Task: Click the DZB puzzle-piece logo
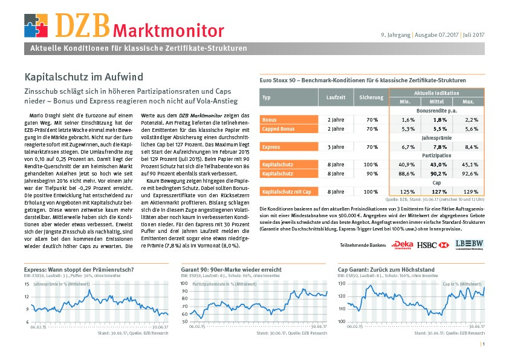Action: (36, 25)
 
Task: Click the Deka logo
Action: (402, 245)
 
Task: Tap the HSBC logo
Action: (433, 245)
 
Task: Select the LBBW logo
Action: (469, 244)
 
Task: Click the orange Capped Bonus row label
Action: (289, 129)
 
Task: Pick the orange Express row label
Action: (289, 147)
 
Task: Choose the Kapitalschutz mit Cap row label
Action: (289, 192)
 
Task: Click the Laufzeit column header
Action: (336, 97)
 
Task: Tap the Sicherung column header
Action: (371, 97)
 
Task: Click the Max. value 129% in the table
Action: (471, 192)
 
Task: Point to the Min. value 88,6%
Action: (407, 174)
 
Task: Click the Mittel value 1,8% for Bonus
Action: (440, 120)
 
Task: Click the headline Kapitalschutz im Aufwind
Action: (84, 77)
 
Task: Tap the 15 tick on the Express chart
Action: (27, 284)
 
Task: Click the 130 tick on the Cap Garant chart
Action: (342, 283)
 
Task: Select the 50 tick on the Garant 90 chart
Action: (185, 322)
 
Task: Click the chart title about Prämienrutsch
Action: (79, 270)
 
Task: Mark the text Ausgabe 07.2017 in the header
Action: (436, 34)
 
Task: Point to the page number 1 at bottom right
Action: (484, 344)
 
